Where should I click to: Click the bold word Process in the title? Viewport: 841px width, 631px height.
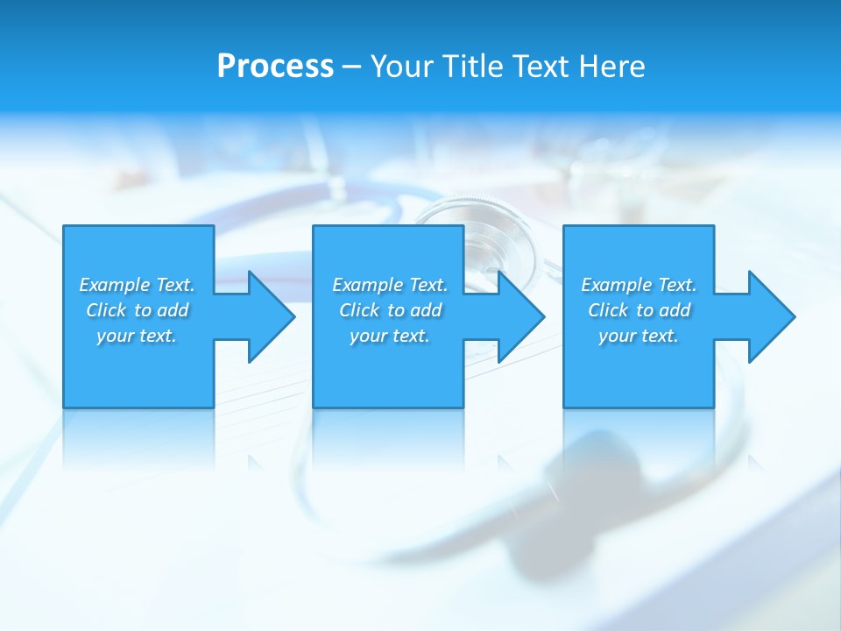click(x=275, y=67)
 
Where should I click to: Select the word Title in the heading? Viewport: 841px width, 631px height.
click(x=474, y=67)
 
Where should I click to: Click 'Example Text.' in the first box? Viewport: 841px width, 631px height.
click(x=137, y=285)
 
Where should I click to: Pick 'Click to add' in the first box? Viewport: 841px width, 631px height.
click(x=137, y=310)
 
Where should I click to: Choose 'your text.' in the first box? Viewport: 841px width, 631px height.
click(x=137, y=336)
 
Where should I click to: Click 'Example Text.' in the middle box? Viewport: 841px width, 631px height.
click(x=390, y=285)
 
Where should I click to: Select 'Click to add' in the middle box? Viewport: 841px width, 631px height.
click(x=390, y=310)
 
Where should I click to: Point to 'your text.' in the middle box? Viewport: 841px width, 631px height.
click(x=390, y=336)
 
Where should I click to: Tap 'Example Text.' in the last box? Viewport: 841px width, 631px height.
click(x=639, y=285)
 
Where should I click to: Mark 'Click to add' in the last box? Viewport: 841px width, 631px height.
click(x=639, y=310)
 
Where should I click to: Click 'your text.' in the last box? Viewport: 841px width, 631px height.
click(x=639, y=336)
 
